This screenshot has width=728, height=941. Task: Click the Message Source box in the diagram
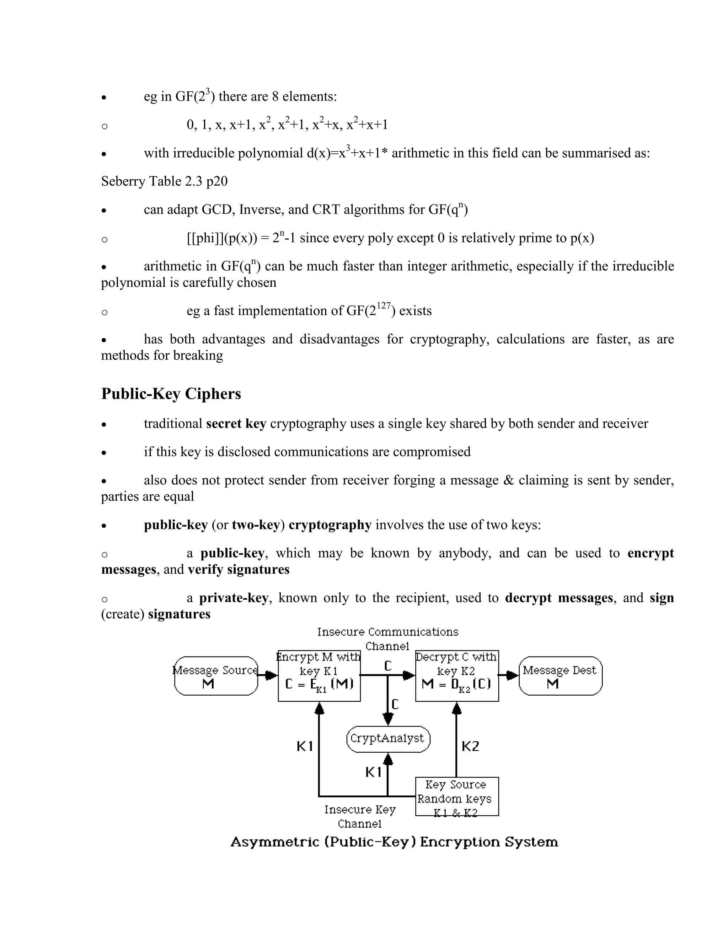(x=216, y=676)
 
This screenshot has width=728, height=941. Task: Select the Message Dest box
(x=560, y=676)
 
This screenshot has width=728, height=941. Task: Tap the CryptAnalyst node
(x=388, y=739)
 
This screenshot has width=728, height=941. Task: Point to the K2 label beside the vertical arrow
(x=470, y=746)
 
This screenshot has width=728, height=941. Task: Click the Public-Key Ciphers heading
(x=171, y=394)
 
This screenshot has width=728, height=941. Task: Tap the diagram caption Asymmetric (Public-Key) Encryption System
(x=394, y=842)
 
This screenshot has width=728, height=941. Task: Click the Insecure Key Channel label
(x=360, y=816)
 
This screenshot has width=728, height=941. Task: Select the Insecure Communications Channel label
(x=387, y=638)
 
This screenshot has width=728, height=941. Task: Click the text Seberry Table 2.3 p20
(x=164, y=181)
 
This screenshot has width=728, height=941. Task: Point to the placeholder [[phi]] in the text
(x=205, y=238)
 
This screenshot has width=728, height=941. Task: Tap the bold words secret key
(x=236, y=424)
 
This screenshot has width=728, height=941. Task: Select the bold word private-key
(x=233, y=598)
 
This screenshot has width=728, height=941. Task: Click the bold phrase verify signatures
(x=239, y=570)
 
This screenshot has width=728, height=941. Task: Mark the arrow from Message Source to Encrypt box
(x=268, y=675)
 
